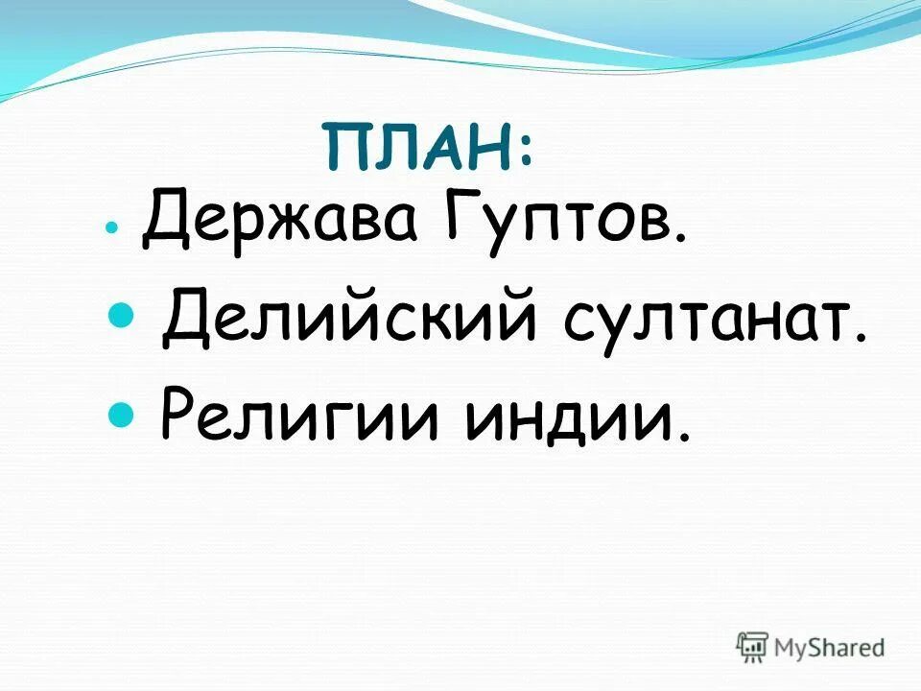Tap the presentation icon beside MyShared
[x=752, y=645]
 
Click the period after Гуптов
[x=680, y=240]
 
